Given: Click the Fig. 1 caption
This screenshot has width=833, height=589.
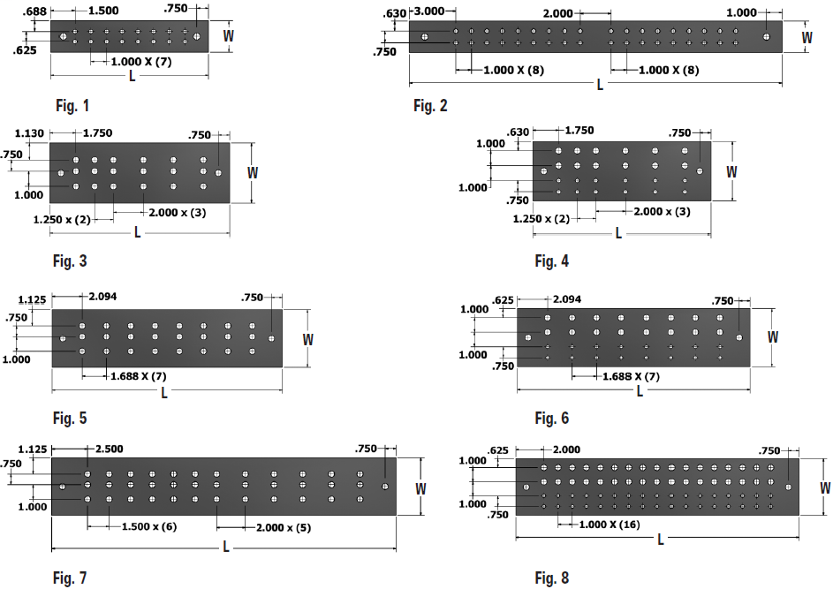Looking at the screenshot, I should (x=72, y=106).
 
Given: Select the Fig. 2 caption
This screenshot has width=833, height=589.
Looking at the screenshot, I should (x=430, y=106).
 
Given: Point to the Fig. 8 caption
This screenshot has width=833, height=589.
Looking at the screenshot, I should (x=552, y=578).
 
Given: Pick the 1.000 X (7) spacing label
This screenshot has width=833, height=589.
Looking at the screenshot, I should (x=138, y=62).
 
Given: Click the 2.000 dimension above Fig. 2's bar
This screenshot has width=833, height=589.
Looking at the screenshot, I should (x=558, y=15).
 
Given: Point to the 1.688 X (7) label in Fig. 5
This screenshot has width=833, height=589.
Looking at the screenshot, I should (x=138, y=376).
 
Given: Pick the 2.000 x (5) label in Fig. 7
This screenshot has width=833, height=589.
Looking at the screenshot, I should (x=283, y=527).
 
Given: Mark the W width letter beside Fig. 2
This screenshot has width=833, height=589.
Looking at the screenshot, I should (x=806, y=38).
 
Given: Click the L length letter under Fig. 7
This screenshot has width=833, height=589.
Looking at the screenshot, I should (x=226, y=547).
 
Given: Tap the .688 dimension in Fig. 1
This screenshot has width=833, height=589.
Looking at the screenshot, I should (x=35, y=10).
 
